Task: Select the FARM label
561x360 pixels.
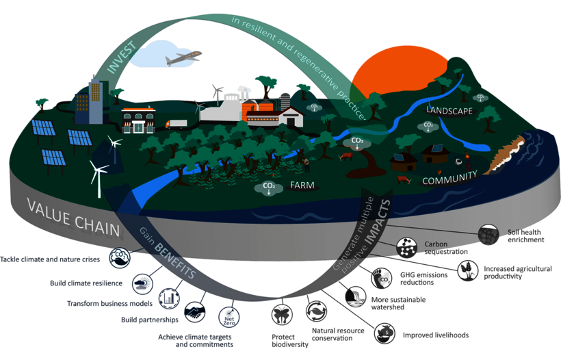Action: tap(302, 185)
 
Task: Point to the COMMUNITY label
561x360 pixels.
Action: tap(449, 180)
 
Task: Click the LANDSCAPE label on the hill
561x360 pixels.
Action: tap(449, 110)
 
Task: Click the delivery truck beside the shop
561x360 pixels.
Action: tap(176, 124)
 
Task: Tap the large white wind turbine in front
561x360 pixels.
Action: tap(98, 175)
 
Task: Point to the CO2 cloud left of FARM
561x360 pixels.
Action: tap(268, 188)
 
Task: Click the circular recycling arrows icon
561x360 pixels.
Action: tap(315, 311)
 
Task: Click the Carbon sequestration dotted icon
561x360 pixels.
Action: tap(408, 246)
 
